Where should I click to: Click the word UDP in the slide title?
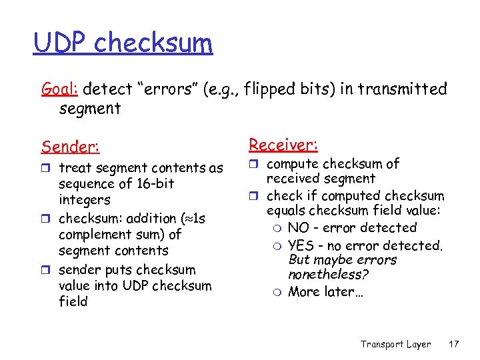click(x=61, y=43)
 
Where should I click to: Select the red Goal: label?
click(x=61, y=89)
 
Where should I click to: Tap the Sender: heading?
click(x=70, y=145)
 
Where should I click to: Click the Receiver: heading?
click(x=283, y=144)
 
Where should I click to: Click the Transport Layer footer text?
click(x=395, y=344)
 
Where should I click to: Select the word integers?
click(x=85, y=200)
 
